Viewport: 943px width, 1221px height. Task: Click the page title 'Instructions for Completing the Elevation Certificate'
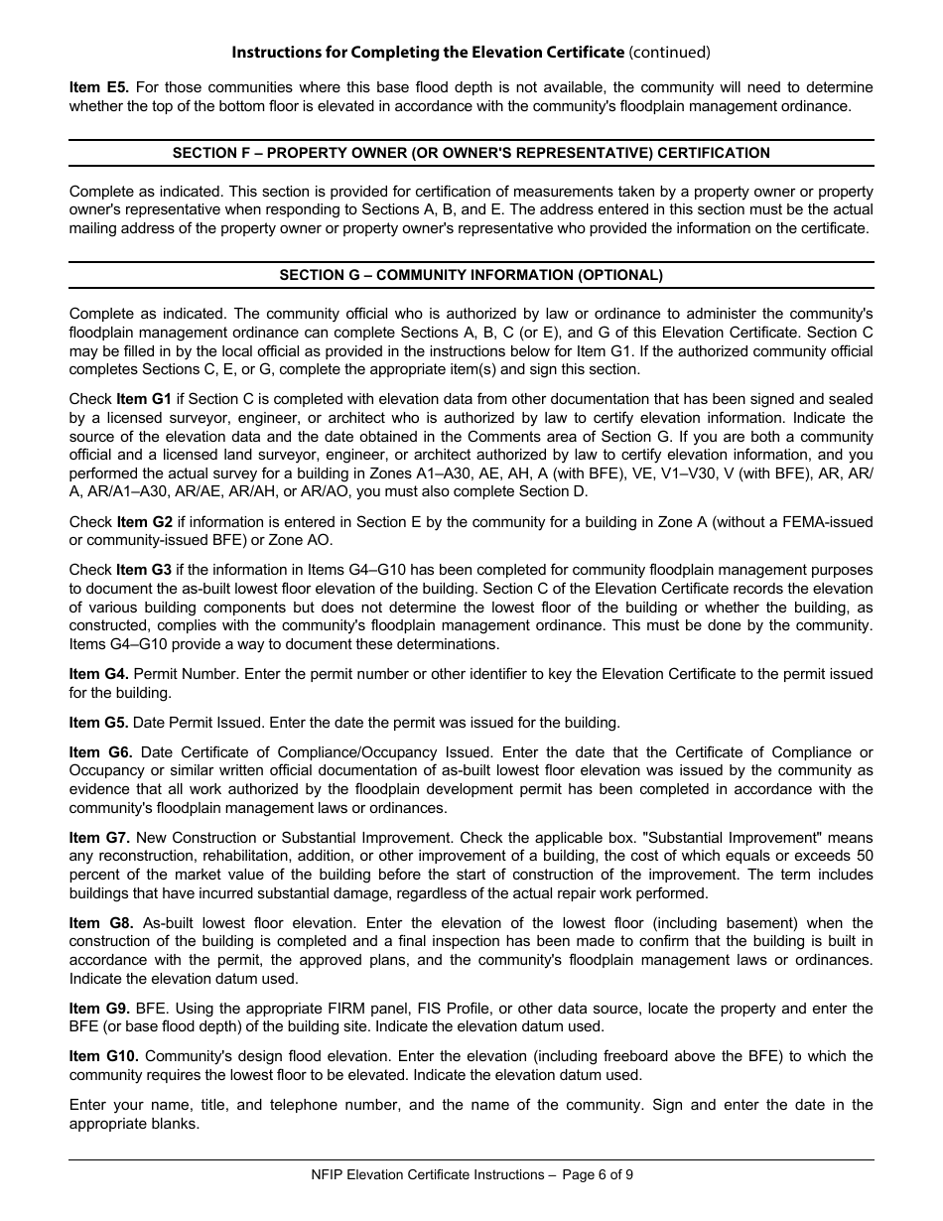(428, 52)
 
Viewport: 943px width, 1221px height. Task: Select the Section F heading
(471, 153)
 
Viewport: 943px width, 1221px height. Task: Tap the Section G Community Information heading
(471, 275)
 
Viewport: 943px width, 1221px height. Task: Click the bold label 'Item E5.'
(99, 87)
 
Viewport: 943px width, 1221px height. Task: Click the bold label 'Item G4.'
(99, 674)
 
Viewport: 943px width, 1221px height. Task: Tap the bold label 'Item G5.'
(99, 722)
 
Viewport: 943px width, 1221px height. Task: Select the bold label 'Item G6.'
(99, 752)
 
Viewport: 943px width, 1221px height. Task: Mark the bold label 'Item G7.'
(99, 838)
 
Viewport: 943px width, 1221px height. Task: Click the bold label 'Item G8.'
(99, 923)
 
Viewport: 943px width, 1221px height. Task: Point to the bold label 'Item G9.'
(99, 1009)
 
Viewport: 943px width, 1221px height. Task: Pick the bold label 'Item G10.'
(103, 1056)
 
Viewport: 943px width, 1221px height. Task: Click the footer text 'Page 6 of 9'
(598, 1174)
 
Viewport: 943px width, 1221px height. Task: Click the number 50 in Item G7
(864, 856)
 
